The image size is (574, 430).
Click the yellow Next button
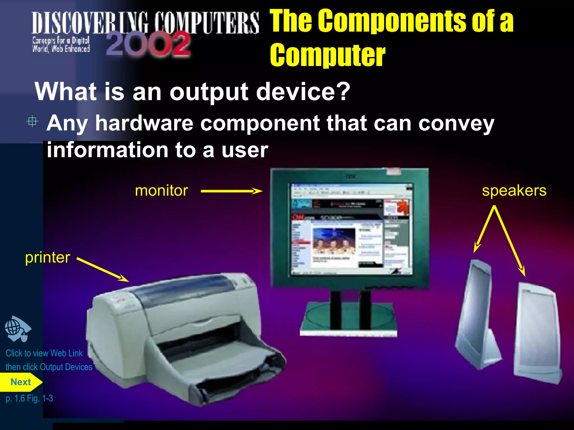tap(20, 382)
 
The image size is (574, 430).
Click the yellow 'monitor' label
tap(161, 191)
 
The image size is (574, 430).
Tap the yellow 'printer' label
tap(47, 258)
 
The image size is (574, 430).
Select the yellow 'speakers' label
tap(514, 191)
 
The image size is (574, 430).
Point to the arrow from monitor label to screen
tap(232, 191)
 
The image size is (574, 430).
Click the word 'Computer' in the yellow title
tap(328, 55)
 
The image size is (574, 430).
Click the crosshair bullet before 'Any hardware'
tap(32, 121)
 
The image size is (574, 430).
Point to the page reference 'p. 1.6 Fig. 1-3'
tap(29, 398)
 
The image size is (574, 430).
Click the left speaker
tap(476, 314)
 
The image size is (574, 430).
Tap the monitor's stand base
tap(348, 319)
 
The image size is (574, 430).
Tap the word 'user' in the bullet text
tap(245, 150)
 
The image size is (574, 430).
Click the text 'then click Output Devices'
tap(49, 367)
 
